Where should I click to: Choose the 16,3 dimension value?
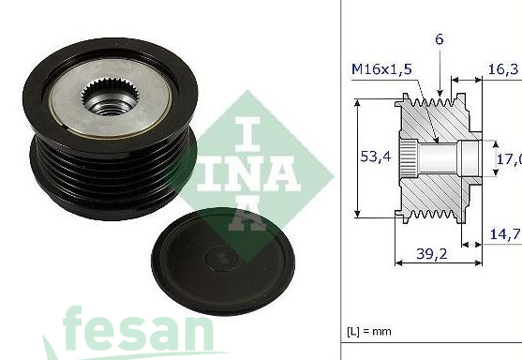tap(503, 68)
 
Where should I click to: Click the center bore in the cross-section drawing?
tap(440, 157)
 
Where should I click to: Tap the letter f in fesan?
tap(77, 332)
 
